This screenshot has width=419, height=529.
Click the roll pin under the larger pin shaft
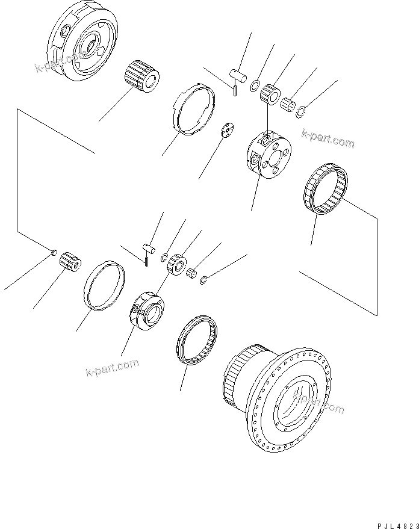point(235,90)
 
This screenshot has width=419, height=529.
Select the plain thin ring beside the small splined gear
point(105,285)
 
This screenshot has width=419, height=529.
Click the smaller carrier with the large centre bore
point(146,308)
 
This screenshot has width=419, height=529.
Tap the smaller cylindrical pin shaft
point(149,246)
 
